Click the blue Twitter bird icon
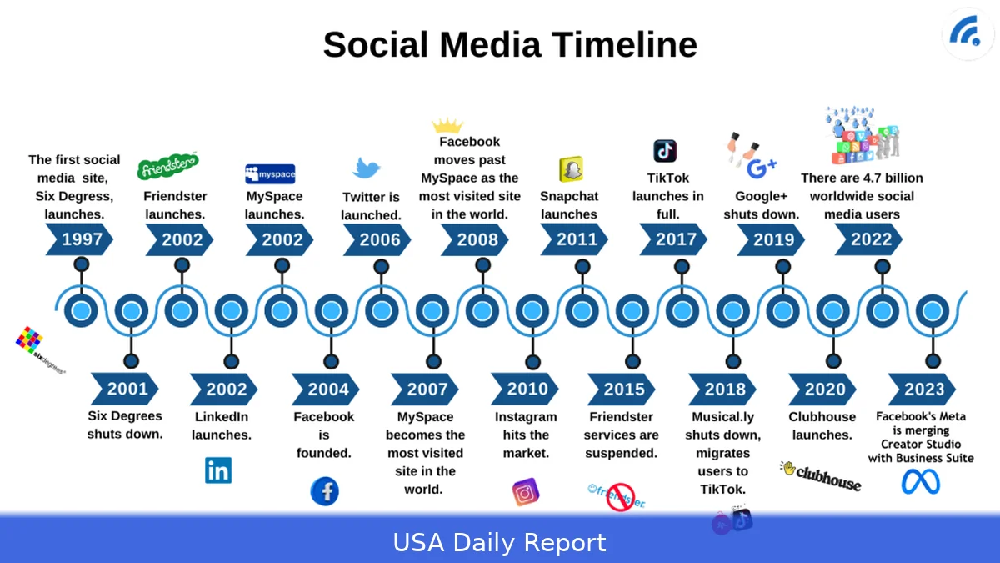pos(367,168)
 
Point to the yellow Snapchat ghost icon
pos(571,169)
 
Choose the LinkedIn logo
pos(218,470)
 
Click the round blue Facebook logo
pos(325,491)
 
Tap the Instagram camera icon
pos(525,492)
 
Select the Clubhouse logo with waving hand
pos(820,475)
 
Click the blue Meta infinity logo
pos(920,482)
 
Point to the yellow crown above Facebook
pos(447,126)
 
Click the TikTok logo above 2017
pos(665,151)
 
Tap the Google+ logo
pos(761,168)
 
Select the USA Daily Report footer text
pos(500,543)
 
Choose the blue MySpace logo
pos(270,173)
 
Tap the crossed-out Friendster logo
pos(617,495)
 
